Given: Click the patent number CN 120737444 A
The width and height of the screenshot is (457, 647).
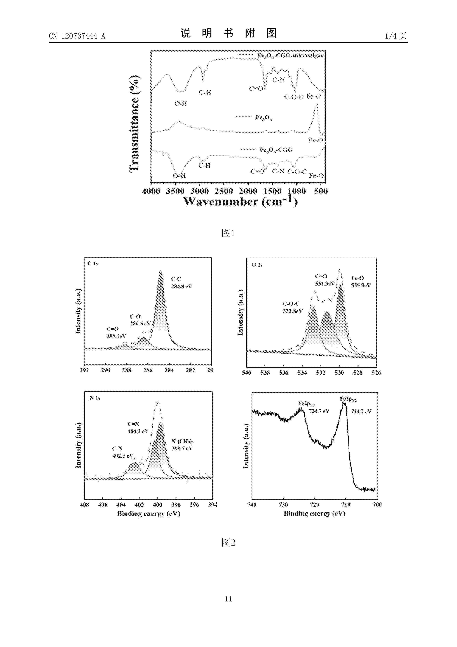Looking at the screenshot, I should point(77,36).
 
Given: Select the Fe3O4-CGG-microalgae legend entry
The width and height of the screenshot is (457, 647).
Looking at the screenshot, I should point(290,55).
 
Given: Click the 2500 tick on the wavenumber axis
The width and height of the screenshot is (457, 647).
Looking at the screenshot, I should point(224,191).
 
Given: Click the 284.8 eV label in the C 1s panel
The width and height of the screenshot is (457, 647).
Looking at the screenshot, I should point(182,286).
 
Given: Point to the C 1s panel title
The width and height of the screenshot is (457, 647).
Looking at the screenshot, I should point(93,264).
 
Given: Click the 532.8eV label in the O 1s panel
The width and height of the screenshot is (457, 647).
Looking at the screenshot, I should point(293,311).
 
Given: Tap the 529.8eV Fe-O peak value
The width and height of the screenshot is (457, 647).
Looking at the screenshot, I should point(361,285).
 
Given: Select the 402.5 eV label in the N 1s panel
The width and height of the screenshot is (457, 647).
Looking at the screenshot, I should point(123,456).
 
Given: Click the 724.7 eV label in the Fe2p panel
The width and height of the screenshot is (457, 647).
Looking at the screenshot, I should point(319,411).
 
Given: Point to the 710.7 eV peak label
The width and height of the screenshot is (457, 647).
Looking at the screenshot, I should point(361,411).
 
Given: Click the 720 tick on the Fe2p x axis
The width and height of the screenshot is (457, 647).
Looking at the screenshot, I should point(315,504).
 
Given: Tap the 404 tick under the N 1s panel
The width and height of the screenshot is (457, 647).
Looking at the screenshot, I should point(121,504).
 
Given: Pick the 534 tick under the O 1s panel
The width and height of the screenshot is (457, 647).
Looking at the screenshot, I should point(302,373).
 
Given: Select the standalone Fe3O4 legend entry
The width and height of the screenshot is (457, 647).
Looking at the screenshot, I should point(263,117).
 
